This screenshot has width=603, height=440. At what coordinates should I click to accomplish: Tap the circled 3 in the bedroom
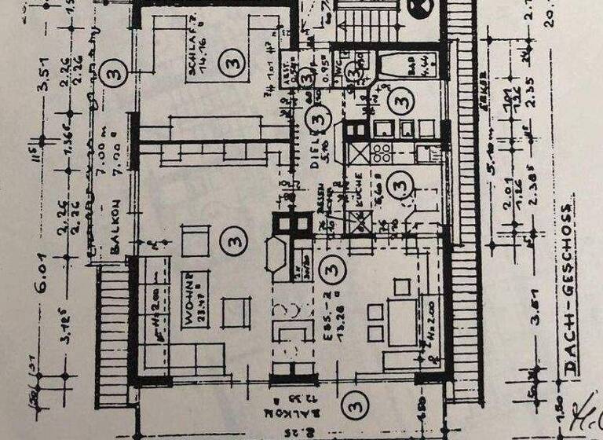coord(230,59)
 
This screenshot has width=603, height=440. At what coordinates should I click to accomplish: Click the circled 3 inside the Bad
coord(401,101)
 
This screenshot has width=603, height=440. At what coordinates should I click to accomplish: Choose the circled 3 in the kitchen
coord(400,184)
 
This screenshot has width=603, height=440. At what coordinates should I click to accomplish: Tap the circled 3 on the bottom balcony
coord(356,406)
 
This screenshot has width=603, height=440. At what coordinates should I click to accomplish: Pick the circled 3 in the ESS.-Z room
coord(333,268)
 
